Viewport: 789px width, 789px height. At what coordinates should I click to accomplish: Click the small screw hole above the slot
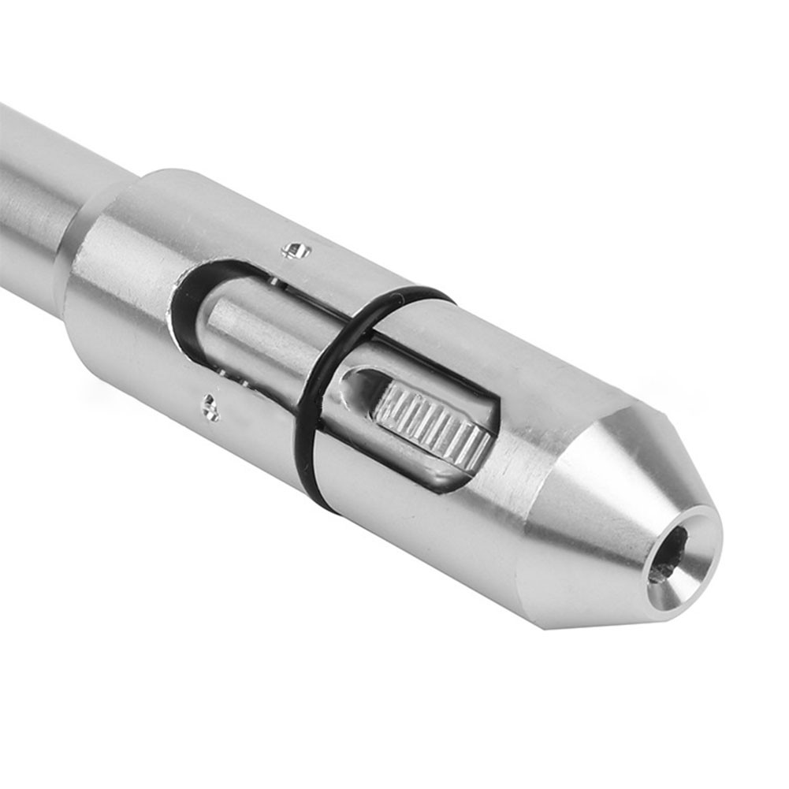click(297, 250)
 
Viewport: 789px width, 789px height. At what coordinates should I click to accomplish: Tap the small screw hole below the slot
click(209, 406)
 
